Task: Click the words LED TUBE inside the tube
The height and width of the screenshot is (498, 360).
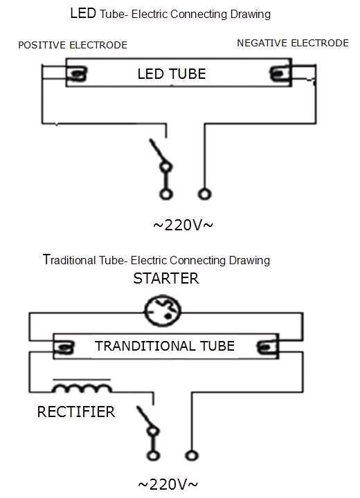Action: tap(172, 74)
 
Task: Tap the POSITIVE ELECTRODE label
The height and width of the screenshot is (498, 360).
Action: tap(73, 45)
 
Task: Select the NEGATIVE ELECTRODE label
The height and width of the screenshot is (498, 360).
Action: tap(293, 43)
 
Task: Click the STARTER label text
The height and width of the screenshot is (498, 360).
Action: tap(166, 279)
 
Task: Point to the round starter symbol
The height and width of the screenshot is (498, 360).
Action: tap(163, 311)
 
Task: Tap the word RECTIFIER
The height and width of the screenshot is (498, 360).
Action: tap(76, 412)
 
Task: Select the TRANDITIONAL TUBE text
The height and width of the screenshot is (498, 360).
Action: tap(165, 346)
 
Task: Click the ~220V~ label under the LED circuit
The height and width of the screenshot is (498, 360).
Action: tap(183, 225)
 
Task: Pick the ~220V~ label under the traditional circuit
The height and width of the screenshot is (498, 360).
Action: tap(168, 484)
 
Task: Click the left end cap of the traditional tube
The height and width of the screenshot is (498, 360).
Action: tap(65, 347)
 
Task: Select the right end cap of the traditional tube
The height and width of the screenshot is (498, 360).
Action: tap(266, 347)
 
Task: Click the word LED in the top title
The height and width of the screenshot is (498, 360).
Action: tap(83, 13)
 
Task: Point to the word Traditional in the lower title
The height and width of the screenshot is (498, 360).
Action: tap(69, 260)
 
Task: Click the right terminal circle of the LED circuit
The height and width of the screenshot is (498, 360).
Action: tap(204, 194)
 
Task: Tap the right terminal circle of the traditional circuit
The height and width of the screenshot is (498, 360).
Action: tap(192, 456)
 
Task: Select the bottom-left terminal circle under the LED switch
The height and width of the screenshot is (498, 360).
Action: tap(166, 194)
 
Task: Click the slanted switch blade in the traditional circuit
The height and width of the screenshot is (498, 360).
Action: tap(145, 418)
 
